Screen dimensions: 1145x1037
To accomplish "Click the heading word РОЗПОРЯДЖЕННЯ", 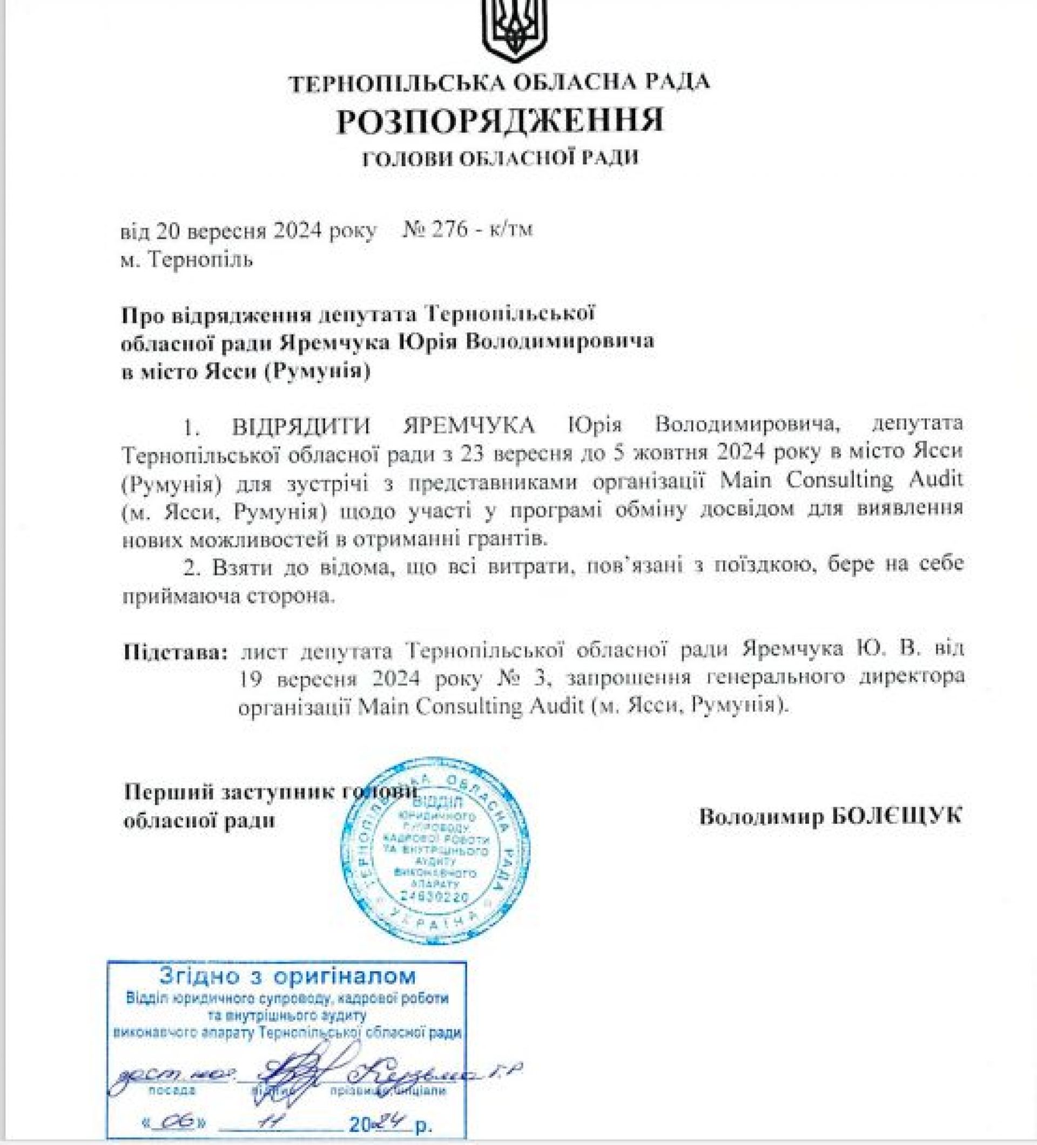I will click(500, 121).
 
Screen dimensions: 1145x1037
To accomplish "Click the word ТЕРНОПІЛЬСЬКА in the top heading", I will click(397, 84).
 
